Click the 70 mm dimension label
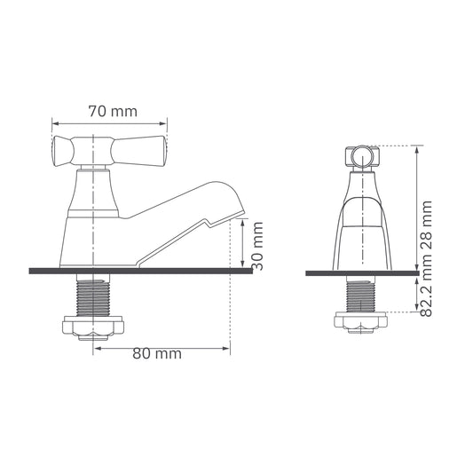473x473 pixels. pos(113,111)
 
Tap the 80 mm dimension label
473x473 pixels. pos(157,353)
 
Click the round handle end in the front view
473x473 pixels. pos(360,158)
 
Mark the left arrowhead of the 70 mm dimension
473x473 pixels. pos(56,122)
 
